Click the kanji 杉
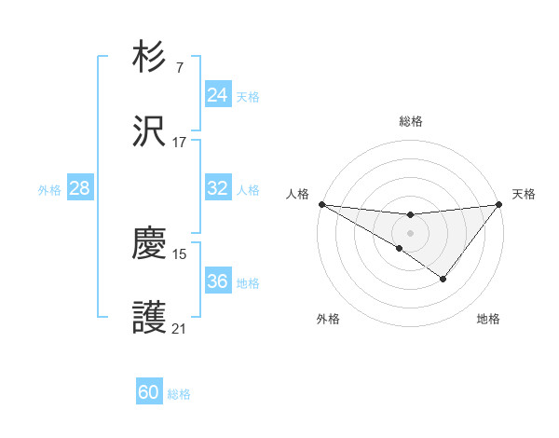point(150,58)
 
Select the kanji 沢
point(150,132)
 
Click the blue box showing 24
point(217,95)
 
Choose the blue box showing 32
point(217,188)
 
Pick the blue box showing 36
point(217,281)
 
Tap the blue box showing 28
point(79,188)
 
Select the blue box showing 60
point(149,393)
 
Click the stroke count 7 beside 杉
point(179,67)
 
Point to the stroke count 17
point(179,142)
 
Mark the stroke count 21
point(179,328)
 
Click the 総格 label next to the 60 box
point(179,394)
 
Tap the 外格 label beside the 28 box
point(49,189)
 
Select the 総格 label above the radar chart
point(410,121)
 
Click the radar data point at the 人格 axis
point(321,203)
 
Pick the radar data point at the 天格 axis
point(498,203)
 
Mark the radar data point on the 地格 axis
point(443,279)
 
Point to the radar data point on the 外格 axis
point(399,248)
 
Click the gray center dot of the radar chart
point(410,232)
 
